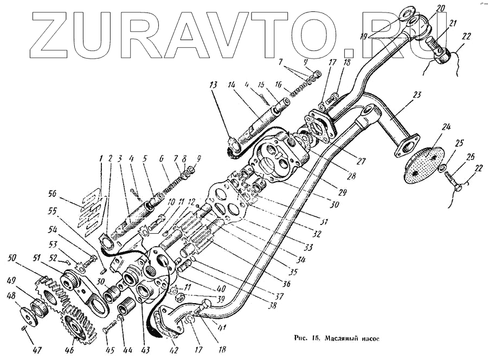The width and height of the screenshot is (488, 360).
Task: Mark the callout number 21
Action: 452,23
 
